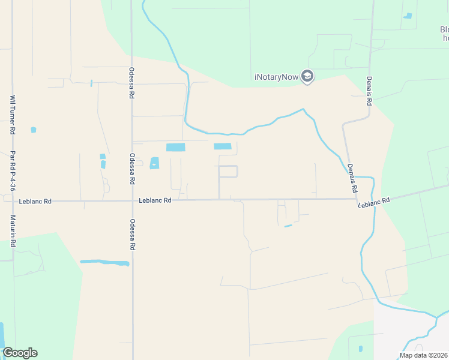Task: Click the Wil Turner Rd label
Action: point(11,115)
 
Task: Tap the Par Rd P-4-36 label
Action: point(11,171)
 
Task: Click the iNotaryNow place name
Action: point(276,77)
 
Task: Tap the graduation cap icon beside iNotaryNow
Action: point(307,77)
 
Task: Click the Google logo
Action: point(20,353)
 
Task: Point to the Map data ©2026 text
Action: point(424,355)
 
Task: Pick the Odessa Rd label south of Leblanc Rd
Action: point(132,235)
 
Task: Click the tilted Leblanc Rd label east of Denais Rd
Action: point(374,202)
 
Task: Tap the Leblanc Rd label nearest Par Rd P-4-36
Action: point(35,201)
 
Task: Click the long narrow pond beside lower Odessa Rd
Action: point(104,262)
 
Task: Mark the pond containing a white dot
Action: point(154,163)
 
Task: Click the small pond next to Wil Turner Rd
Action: point(33,130)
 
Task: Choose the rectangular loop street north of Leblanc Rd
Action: point(228,172)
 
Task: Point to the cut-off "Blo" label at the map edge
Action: point(444,29)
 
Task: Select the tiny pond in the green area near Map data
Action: point(360,349)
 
